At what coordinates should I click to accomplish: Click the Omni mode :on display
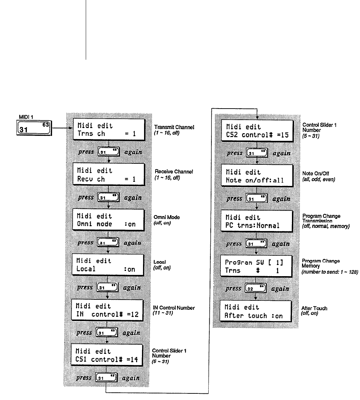click(x=108, y=220)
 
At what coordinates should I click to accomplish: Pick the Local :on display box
click(x=108, y=265)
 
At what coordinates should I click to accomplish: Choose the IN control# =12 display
click(x=108, y=310)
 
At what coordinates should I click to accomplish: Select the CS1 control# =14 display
click(x=108, y=355)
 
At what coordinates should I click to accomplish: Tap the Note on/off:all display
click(x=257, y=176)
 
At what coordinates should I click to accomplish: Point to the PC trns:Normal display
click(x=257, y=222)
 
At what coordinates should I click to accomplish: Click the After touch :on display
click(x=257, y=312)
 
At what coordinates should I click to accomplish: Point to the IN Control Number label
click(x=174, y=308)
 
